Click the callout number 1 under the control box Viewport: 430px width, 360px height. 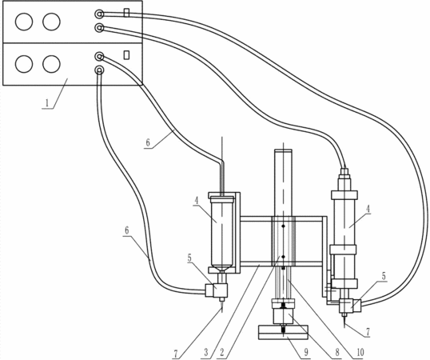coord(47,103)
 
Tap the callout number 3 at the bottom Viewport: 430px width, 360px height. coord(207,353)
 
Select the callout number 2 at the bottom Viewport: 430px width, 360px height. coord(222,353)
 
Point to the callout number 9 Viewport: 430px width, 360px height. coord(306,352)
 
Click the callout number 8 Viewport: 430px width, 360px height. coord(337,352)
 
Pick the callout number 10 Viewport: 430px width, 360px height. coord(360,352)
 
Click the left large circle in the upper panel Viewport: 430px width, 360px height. coord(24,22)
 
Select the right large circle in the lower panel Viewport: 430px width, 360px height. coord(51,64)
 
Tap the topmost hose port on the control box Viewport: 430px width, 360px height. coord(99,14)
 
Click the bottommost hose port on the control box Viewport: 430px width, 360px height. coord(99,70)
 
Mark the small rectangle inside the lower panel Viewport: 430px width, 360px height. coord(126,54)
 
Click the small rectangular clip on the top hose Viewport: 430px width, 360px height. coord(126,13)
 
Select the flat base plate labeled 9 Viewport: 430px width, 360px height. coord(283,332)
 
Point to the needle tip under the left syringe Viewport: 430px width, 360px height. coord(221,312)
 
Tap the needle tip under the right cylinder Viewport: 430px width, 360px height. coord(344,327)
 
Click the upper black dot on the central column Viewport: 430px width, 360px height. coord(283,226)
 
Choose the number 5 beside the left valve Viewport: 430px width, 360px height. coord(189,258)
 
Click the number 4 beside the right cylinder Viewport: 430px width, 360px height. coord(368,209)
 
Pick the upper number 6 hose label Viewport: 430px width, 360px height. coord(148,142)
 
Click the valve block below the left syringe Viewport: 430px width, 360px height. coord(217,291)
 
